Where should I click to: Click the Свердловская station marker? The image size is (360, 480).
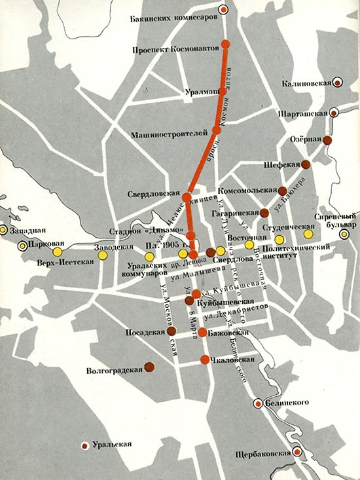point(187,196)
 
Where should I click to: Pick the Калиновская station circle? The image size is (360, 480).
point(337,83)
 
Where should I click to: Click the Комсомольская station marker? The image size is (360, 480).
point(283,191)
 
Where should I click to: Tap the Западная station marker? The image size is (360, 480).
point(3,231)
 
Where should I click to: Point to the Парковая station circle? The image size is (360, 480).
point(23,246)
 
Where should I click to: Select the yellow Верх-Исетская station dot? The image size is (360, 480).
point(58,252)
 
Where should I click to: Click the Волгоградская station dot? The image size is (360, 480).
point(149,367)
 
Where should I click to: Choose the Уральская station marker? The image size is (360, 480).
point(84,445)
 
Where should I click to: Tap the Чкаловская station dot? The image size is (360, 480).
point(205,359)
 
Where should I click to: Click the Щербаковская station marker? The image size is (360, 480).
point(297,452)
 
